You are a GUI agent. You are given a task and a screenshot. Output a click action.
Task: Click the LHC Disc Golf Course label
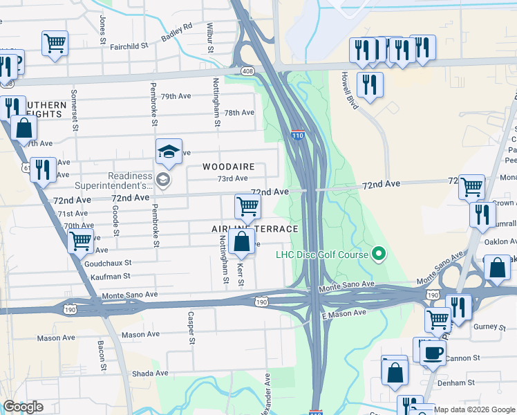click(321, 255)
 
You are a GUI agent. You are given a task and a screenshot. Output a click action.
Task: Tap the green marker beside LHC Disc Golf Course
click(378, 255)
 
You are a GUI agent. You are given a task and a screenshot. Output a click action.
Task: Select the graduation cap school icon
click(169, 152)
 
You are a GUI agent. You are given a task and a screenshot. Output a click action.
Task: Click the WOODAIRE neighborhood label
click(229, 167)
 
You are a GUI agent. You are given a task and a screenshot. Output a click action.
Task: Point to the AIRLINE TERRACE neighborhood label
click(255, 229)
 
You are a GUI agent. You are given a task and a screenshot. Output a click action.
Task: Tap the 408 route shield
click(247, 71)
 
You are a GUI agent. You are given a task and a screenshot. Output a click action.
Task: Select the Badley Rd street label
click(178, 32)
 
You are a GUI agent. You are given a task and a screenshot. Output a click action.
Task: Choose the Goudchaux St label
click(108, 264)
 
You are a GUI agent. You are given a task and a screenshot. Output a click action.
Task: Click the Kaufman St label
click(111, 276)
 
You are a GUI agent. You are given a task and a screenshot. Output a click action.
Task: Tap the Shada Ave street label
click(147, 373)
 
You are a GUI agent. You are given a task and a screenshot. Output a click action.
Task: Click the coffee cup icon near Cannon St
click(433, 353)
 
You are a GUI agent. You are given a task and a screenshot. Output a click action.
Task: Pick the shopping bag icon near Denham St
click(395, 371)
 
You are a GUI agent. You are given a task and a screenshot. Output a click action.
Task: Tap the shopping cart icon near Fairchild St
click(55, 43)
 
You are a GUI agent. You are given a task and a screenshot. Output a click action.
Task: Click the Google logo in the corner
click(23, 407)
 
